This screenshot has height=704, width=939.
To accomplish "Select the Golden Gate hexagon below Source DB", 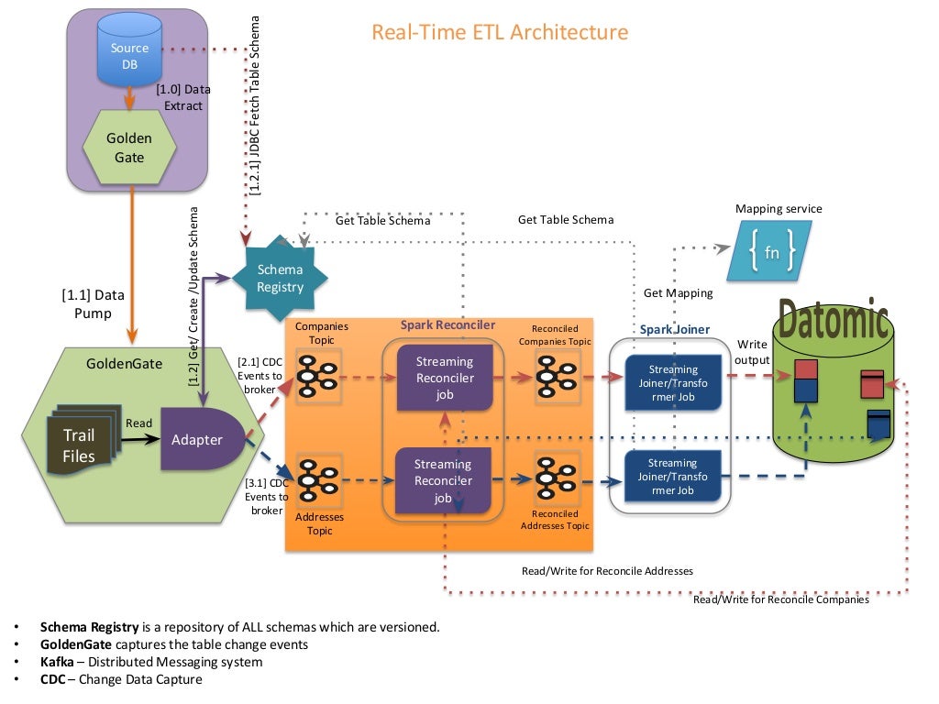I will (129, 148).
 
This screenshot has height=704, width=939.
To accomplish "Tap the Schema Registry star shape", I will (280, 279).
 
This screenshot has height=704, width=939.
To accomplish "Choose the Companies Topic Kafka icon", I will (318, 376).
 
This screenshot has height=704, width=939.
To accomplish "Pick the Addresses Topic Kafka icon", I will (318, 478).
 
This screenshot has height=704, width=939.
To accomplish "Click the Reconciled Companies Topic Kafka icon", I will (554, 376).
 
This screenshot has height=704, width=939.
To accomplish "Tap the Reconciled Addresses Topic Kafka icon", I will (554, 478).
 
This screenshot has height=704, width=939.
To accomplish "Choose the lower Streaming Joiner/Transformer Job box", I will (672, 477).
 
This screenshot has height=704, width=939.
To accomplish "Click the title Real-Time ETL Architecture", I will (500, 32).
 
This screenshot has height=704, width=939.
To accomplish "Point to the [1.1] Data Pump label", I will (93, 304).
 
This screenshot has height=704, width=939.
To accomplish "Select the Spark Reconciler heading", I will (447, 324).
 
